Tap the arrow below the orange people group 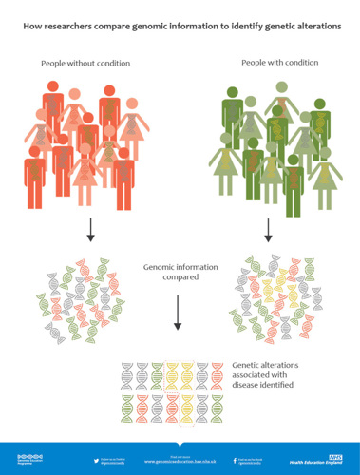pos(88,229)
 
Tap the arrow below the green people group pos(269,229)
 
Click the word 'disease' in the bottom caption pos(250,385)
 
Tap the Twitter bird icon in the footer pos(97,460)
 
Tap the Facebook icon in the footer pos(235,460)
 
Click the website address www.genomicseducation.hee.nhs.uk pos(178,462)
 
